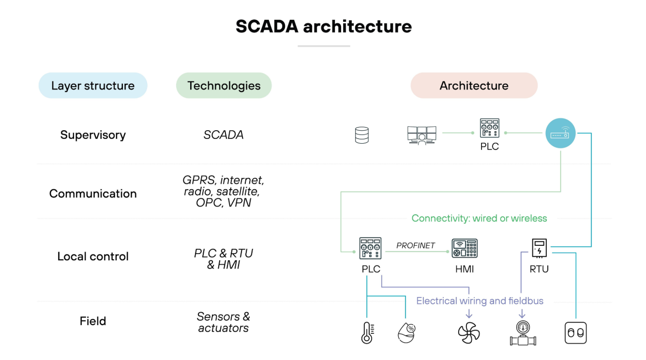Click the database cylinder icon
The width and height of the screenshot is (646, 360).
362,135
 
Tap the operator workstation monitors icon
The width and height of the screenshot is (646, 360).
421,135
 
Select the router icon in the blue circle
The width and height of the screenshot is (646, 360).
560,133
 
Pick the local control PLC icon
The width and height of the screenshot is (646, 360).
370,248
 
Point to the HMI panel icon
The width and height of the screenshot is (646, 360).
465,248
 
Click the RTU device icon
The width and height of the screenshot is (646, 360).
539,248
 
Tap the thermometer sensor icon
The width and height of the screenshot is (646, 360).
367,332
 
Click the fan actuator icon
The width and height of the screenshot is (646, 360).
469,332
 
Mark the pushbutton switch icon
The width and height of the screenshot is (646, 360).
575,333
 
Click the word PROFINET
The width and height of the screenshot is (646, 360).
416,245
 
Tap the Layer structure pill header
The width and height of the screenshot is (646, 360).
93,86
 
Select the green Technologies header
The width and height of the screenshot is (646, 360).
224,86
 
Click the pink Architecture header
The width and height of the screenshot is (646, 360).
474,86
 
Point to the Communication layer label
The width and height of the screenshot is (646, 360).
93,194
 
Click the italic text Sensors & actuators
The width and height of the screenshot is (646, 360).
223,322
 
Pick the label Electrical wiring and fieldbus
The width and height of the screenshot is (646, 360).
480,301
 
